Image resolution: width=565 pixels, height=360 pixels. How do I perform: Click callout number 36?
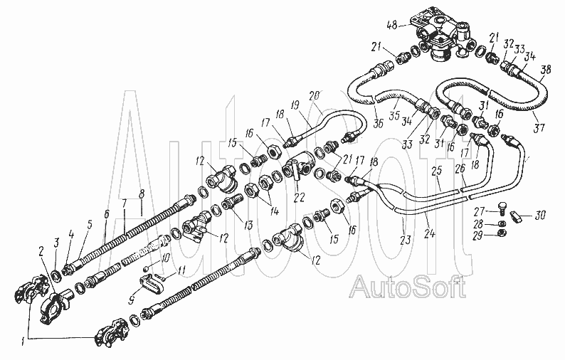click(x=378, y=123)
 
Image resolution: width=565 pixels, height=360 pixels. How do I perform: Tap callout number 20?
click(x=315, y=95)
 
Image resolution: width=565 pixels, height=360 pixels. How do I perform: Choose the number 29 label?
click(x=478, y=235)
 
